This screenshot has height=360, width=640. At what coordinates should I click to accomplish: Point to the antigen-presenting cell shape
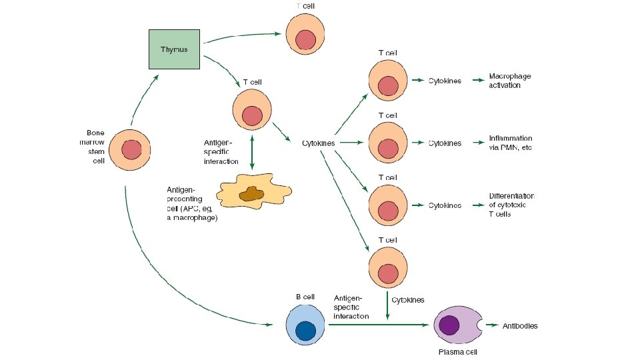point(249,193)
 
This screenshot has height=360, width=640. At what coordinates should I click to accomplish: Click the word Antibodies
point(520,326)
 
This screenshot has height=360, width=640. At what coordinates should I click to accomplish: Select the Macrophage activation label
point(509,81)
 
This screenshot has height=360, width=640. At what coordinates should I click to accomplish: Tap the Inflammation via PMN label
point(510,143)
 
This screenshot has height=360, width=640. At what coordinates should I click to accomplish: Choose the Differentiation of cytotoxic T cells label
point(511,205)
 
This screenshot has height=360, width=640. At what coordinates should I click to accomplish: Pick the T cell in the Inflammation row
point(388,143)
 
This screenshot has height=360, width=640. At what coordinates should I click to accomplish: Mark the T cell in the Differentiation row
point(388,205)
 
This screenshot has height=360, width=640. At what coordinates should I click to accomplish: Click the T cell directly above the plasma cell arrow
point(388,267)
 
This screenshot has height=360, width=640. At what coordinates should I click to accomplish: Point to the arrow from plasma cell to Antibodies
point(494,326)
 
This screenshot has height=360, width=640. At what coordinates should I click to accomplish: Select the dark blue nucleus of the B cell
point(306,330)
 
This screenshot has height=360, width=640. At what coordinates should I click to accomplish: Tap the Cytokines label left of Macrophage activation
point(444,81)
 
